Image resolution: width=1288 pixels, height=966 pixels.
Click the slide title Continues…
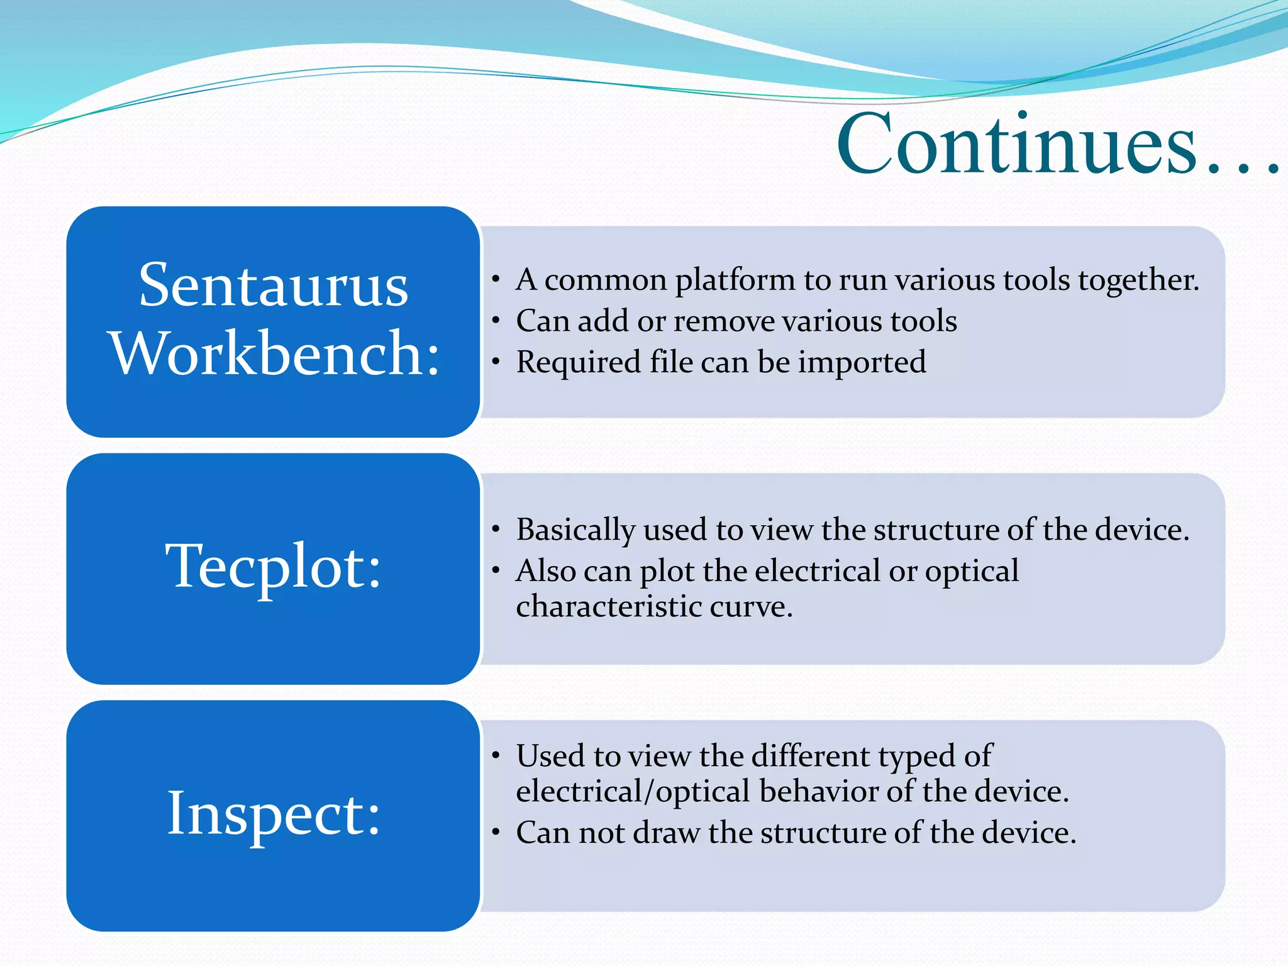tap(1057, 145)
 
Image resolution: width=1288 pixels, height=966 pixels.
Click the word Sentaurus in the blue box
tap(273, 286)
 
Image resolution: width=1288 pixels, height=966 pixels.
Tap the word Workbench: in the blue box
tap(275, 354)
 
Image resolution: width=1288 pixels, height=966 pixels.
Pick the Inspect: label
tap(274, 814)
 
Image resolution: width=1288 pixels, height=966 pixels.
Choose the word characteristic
tap(608, 608)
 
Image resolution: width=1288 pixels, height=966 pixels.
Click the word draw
tap(666, 833)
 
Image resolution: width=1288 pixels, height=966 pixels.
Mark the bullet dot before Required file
tap(496, 362)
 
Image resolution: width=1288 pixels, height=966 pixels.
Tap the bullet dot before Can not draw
tap(496, 833)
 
